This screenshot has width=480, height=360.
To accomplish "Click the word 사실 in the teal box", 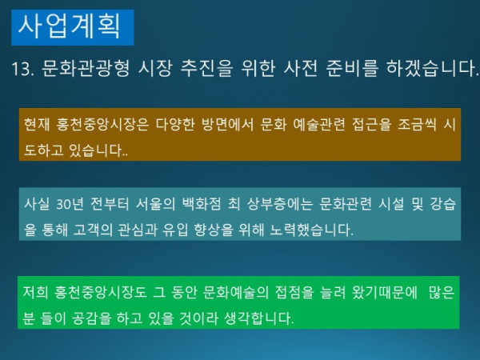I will (x=37, y=206).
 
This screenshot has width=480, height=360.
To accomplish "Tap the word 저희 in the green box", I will (x=37, y=294).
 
